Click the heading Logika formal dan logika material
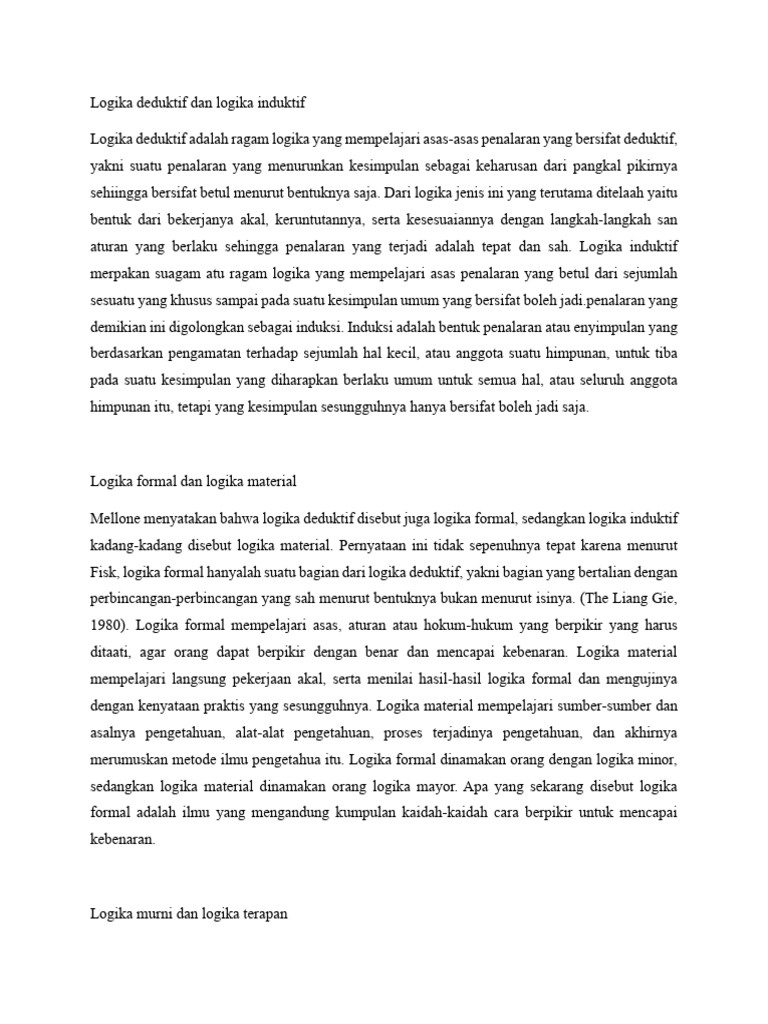coord(192,482)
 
